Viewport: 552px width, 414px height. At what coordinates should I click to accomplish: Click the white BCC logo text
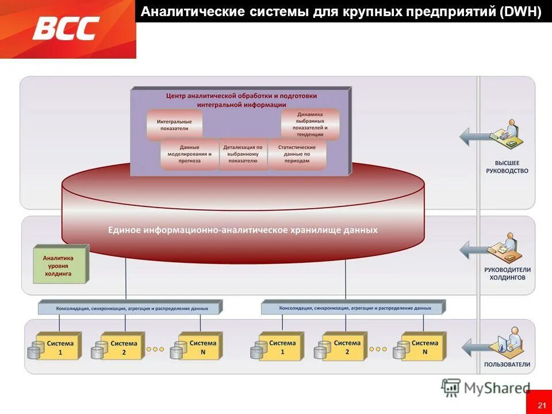pos(66,28)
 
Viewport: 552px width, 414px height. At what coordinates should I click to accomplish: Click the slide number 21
pos(542,406)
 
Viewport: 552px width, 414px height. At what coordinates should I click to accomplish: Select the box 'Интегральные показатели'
pos(174,125)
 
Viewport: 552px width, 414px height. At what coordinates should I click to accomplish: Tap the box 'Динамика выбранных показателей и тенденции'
pos(310,124)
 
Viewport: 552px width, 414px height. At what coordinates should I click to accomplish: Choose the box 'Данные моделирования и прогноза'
pos(189,154)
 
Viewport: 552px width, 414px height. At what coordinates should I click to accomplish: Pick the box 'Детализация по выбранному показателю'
pos(243,154)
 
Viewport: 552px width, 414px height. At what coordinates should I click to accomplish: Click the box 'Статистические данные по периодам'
pos(297,154)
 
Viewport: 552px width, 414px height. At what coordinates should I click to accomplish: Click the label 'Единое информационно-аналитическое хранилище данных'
pos(243,230)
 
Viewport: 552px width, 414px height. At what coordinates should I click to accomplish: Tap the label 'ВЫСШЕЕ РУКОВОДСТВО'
pos(507,167)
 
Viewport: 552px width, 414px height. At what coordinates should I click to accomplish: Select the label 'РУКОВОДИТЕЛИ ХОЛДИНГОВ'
pos(507,273)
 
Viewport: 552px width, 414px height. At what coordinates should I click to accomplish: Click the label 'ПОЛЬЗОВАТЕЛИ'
pos(507,365)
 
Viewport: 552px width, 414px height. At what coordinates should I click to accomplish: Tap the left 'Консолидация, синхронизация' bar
pos(132,308)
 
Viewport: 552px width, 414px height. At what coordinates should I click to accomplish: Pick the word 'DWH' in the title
pos(521,12)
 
